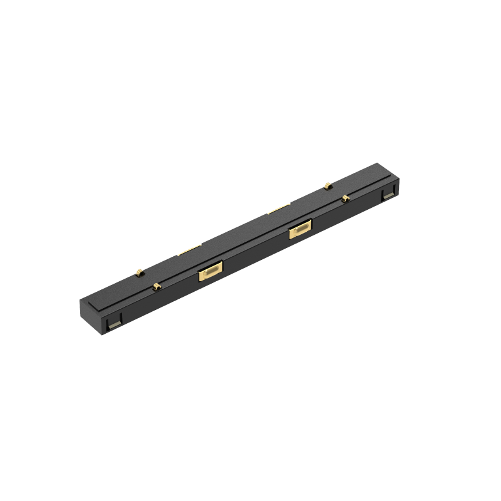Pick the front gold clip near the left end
pos(156,288)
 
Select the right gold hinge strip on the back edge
pos(279,209)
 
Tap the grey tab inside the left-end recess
pos(113,325)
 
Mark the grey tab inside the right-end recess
pos(390,197)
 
